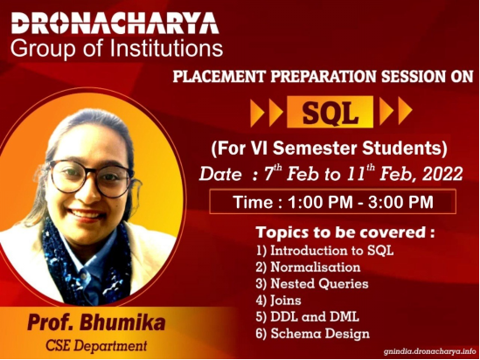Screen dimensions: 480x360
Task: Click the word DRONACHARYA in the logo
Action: coord(115,24)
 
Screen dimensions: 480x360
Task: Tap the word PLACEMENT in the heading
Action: coord(219,76)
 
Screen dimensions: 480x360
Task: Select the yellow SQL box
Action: coord(330,112)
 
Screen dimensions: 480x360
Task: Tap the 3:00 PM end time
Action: coord(400,202)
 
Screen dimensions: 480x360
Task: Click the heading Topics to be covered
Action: coord(345,232)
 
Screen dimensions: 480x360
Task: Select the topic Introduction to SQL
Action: coord(324,251)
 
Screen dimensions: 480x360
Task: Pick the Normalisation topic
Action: coord(308,267)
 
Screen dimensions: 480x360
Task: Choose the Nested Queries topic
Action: coord(312,283)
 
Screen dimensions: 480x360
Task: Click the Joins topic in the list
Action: coord(279,301)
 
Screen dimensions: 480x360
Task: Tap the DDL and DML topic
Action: coord(308,317)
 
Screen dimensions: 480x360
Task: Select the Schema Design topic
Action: coord(312,334)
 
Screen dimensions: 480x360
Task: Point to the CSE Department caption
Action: coord(96,346)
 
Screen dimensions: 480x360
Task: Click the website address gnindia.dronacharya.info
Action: coord(430,351)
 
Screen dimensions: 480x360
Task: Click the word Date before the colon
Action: coord(220,175)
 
